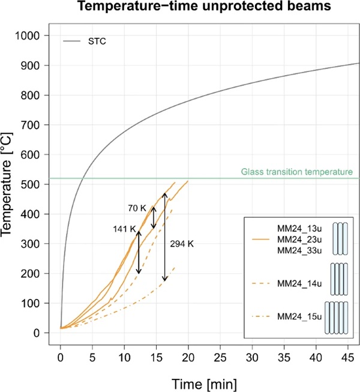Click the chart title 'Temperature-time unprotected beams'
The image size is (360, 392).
click(196, 8)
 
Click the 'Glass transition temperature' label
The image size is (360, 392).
click(296, 172)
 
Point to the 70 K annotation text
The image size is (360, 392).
click(137, 208)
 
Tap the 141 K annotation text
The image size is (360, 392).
click(124, 229)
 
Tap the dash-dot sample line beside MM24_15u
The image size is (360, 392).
click(257, 317)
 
